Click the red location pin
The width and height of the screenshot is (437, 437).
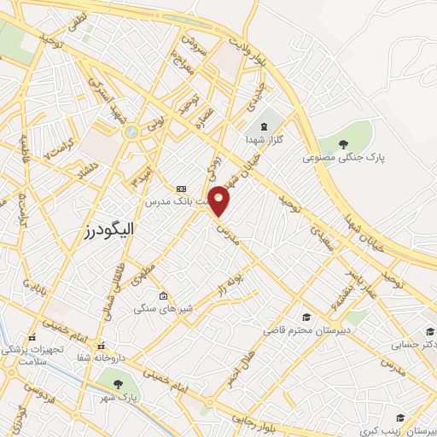[220, 201]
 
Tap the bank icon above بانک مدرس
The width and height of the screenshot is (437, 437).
[181, 189]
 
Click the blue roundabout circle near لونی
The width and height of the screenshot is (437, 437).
[130, 133]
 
